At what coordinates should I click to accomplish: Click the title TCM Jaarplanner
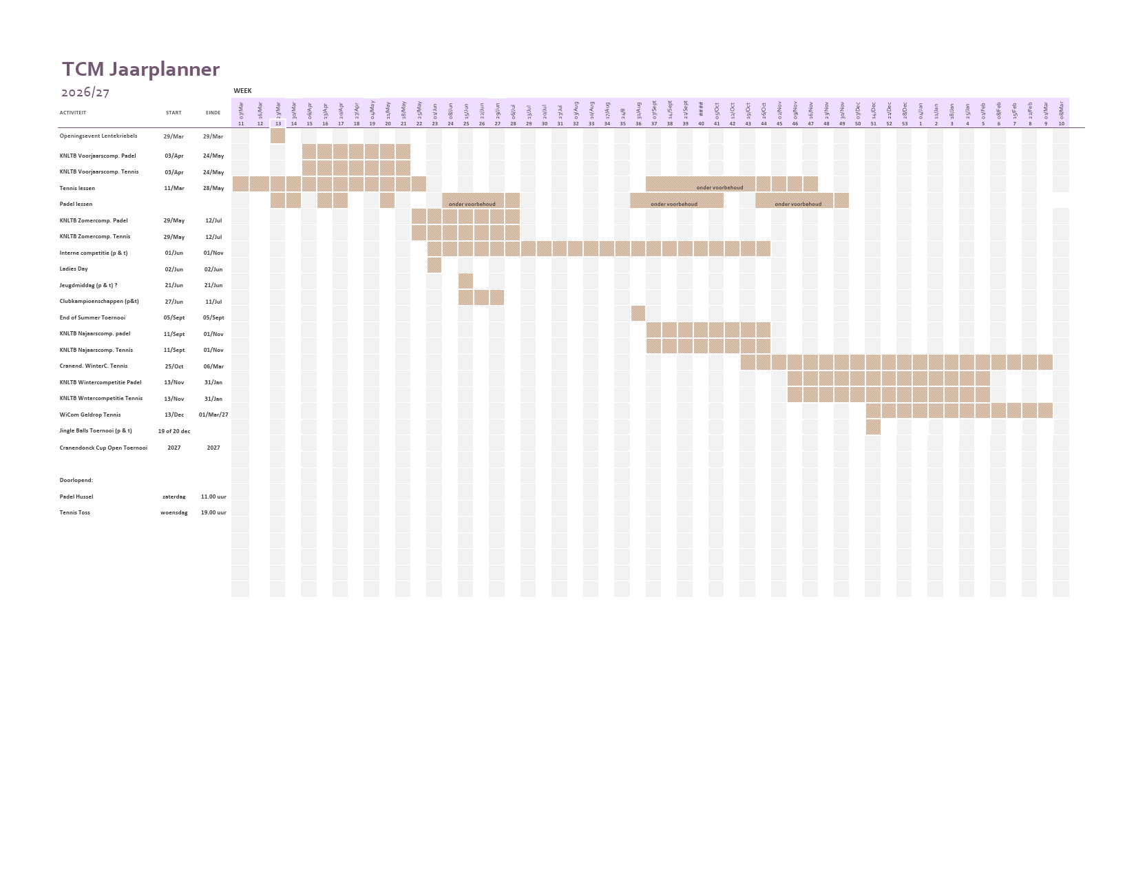[140, 70]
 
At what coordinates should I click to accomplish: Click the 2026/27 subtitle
[85, 92]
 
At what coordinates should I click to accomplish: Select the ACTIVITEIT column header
[73, 113]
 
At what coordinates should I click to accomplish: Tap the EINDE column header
[213, 113]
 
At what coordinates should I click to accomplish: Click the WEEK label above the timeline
[242, 91]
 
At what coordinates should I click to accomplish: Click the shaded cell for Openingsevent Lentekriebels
[277, 136]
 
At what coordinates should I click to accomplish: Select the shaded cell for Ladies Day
[434, 265]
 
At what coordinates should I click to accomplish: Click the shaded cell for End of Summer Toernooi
[638, 313]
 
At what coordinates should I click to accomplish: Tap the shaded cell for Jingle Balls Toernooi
[873, 427]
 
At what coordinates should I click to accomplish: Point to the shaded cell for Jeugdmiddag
[466, 281]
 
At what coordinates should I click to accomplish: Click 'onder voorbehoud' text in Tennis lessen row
[719, 187]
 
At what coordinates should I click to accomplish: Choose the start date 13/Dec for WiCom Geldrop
[173, 415]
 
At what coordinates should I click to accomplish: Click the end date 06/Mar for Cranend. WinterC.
[213, 366]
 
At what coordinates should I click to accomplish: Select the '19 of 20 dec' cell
[173, 431]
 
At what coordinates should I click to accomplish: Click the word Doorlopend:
[76, 481]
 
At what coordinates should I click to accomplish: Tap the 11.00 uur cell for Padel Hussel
[213, 497]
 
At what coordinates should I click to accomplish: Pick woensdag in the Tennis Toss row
[173, 512]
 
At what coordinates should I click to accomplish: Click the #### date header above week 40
[701, 109]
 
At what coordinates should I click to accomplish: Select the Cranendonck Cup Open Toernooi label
[103, 448]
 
